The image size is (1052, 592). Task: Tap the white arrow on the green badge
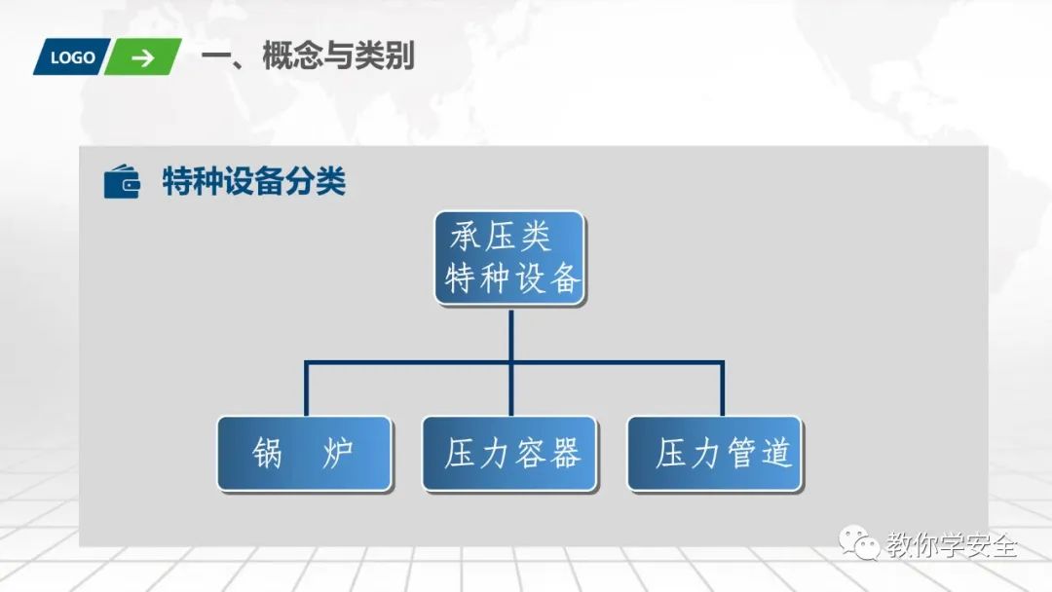(143, 57)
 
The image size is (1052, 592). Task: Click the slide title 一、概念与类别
(308, 56)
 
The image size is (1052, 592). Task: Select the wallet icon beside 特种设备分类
(122, 182)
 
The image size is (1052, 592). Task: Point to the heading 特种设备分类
(254, 182)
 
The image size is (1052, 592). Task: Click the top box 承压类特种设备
(509, 258)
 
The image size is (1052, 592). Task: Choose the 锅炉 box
(304, 454)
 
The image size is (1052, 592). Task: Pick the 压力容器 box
(509, 454)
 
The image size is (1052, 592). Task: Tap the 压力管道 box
(716, 454)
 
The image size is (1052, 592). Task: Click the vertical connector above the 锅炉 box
(306, 389)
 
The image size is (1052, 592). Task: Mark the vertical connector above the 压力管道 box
(722, 389)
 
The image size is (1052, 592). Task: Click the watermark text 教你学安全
(951, 545)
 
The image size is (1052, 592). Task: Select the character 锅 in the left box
(268, 454)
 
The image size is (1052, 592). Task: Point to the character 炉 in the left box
(338, 454)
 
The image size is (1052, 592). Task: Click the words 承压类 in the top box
(501, 237)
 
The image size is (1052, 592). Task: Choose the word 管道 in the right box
(757, 454)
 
